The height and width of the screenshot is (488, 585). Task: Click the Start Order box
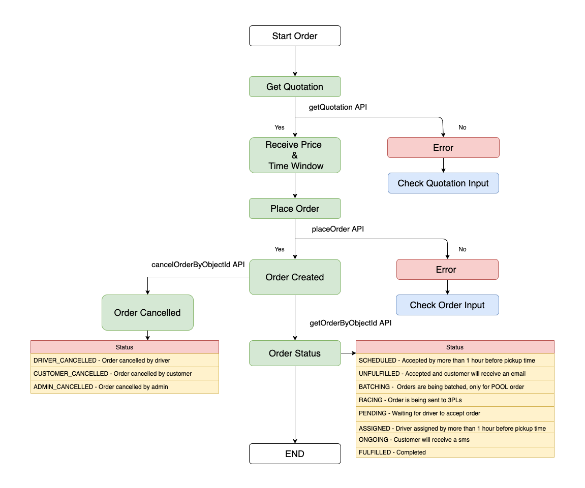pyautogui.click(x=295, y=36)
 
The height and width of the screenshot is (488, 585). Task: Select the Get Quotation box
pyautogui.click(x=295, y=87)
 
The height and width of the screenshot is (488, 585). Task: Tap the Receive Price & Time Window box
pyautogui.click(x=295, y=155)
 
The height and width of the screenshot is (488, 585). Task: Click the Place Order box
pyautogui.click(x=295, y=209)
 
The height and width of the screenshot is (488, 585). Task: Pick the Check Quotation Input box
pyautogui.click(x=443, y=183)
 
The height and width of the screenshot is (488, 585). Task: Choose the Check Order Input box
pyautogui.click(x=447, y=305)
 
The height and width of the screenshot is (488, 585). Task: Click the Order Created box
pyautogui.click(x=295, y=277)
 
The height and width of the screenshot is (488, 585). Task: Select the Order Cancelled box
pyautogui.click(x=147, y=313)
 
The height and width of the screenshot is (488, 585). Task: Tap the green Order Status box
pyautogui.click(x=295, y=353)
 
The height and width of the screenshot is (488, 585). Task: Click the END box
pyautogui.click(x=295, y=454)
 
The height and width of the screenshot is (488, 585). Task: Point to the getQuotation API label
pyautogui.click(x=338, y=107)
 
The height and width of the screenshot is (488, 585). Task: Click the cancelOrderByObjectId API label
pyautogui.click(x=198, y=265)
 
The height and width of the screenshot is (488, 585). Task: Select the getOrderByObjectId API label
pyautogui.click(x=350, y=322)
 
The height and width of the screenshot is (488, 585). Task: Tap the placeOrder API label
pyautogui.click(x=337, y=229)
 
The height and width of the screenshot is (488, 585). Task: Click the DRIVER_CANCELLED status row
pyautogui.click(x=125, y=361)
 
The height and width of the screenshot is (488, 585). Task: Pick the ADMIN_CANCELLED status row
pyautogui.click(x=125, y=387)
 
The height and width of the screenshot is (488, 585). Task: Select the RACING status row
pyautogui.click(x=455, y=400)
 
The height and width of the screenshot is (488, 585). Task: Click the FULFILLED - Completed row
pyautogui.click(x=455, y=452)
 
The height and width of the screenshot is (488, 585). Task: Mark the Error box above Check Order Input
pyautogui.click(x=447, y=270)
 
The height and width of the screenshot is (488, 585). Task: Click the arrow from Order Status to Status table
pyautogui.click(x=348, y=353)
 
